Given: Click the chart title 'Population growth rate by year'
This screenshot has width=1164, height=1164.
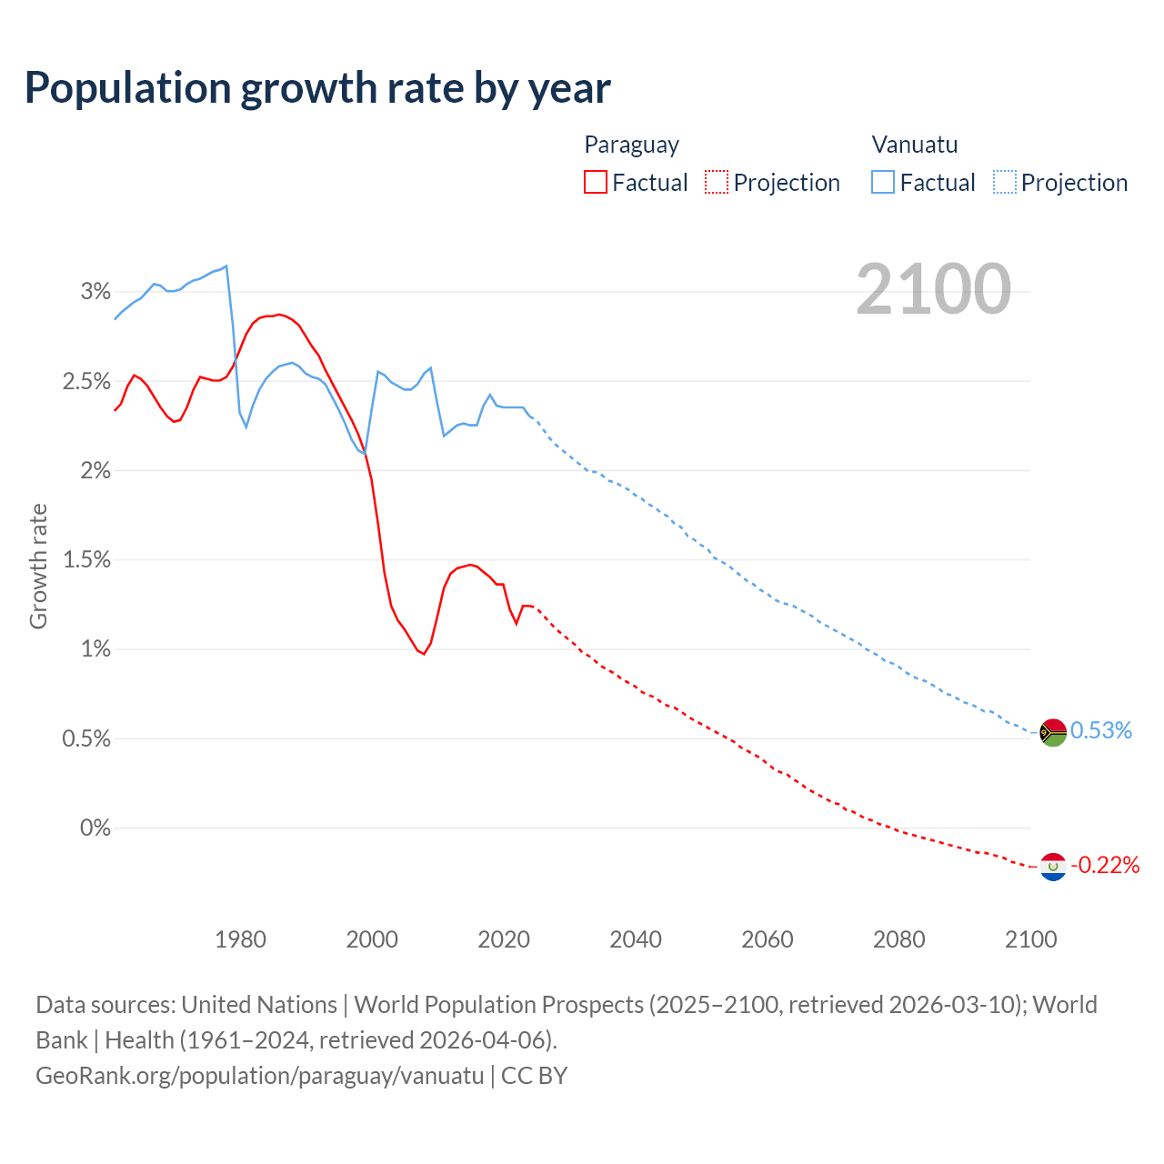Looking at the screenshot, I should (x=317, y=88).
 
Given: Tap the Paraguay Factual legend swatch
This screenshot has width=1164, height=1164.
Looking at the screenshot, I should (x=596, y=182).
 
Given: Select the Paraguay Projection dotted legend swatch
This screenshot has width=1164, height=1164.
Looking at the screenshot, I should (x=717, y=182).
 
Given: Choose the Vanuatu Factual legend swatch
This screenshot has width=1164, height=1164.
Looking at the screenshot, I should (x=883, y=182).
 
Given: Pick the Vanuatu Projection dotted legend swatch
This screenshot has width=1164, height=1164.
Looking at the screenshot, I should (x=1005, y=182).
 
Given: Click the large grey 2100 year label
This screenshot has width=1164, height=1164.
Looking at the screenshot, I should (x=933, y=289).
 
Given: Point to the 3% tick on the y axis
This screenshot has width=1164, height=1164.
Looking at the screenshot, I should (x=95, y=292).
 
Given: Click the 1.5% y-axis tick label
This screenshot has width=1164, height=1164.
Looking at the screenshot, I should (x=86, y=560).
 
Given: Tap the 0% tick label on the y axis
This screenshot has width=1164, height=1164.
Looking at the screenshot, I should (x=95, y=828).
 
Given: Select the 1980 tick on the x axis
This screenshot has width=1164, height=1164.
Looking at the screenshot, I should (x=241, y=939).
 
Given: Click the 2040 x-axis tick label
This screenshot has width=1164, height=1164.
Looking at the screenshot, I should (x=636, y=939).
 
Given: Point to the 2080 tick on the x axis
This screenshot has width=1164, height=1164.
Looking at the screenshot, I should (x=898, y=939).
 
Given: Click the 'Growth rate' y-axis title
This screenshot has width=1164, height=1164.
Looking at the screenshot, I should (x=38, y=566).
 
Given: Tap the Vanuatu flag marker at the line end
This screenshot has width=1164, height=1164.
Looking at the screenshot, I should (x=1053, y=732).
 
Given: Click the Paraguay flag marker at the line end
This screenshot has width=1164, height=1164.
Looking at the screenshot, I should (x=1053, y=867).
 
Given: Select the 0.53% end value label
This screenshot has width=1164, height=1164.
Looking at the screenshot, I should (x=1100, y=731).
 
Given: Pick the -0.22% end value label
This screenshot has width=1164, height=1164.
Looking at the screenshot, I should (x=1105, y=865).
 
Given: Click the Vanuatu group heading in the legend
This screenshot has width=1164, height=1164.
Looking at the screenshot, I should (x=915, y=145).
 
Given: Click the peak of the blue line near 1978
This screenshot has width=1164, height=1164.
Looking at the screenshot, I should (x=226, y=266).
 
